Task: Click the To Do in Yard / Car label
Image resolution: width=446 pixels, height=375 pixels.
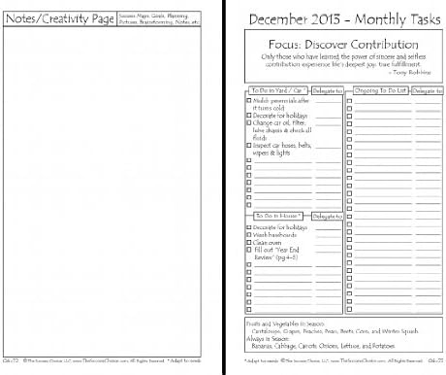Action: pos(273,89)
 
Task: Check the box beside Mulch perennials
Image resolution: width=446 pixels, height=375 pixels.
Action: pos(249,100)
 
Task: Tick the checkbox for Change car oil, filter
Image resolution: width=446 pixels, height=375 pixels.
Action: pos(249,123)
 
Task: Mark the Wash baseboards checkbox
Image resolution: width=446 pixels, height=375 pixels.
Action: pos(249,235)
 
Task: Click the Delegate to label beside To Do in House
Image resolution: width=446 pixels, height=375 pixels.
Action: pos(328,216)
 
